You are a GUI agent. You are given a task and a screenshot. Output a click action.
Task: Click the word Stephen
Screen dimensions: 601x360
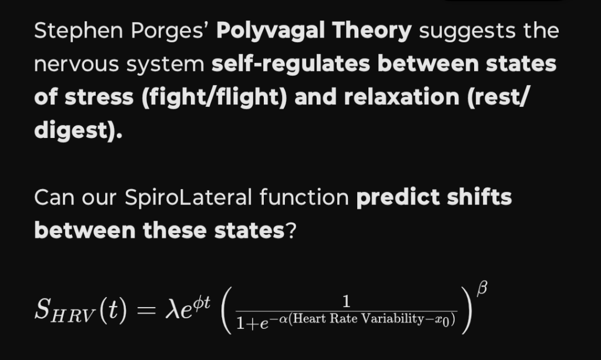[x=79, y=31]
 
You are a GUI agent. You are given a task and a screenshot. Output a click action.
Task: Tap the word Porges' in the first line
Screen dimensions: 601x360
[x=169, y=31]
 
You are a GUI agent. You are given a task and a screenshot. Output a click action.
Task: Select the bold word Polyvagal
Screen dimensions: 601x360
[x=271, y=31]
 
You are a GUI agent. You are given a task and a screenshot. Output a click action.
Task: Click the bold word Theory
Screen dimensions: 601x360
[x=372, y=31]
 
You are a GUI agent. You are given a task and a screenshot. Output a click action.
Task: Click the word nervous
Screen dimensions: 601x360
[x=76, y=65]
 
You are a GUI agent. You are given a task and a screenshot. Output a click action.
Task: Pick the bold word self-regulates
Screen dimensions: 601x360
[x=291, y=65]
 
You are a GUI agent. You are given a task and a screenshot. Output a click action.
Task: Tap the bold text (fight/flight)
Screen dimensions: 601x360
[x=214, y=97]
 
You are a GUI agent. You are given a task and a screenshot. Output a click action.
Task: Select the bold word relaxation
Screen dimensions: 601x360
[x=402, y=97]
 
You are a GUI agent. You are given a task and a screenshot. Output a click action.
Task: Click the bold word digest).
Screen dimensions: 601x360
[x=78, y=131]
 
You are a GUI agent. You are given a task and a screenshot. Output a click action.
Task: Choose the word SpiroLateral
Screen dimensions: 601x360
[x=188, y=198]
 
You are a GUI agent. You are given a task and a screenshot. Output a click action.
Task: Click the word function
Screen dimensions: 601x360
[x=304, y=197]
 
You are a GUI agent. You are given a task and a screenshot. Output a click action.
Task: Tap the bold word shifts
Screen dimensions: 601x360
[x=479, y=197]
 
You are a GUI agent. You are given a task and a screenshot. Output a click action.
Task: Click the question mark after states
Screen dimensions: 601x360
[x=291, y=231]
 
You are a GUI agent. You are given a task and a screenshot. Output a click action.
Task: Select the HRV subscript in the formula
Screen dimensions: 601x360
[x=73, y=316]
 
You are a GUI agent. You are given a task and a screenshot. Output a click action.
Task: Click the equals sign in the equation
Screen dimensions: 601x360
[x=146, y=310]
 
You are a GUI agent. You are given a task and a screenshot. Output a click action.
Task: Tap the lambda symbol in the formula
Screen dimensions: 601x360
[x=172, y=309]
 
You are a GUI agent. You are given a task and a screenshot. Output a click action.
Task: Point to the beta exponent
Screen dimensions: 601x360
[x=482, y=288]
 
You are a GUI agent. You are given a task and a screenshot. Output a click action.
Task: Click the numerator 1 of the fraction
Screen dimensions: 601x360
[x=347, y=302]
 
